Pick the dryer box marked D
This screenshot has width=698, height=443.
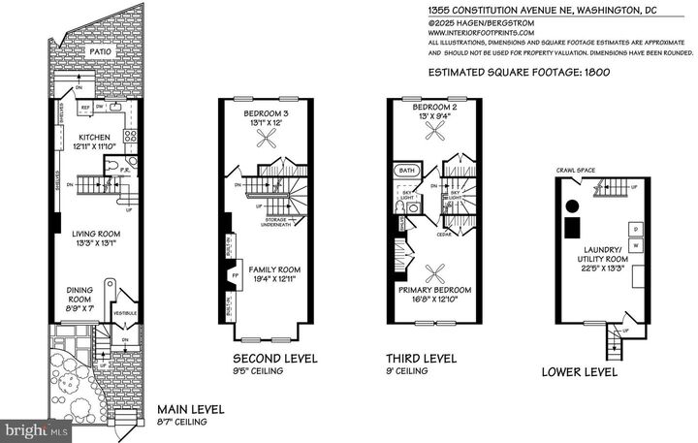(x=637, y=229)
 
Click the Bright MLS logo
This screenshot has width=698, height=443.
(x=36, y=427)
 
